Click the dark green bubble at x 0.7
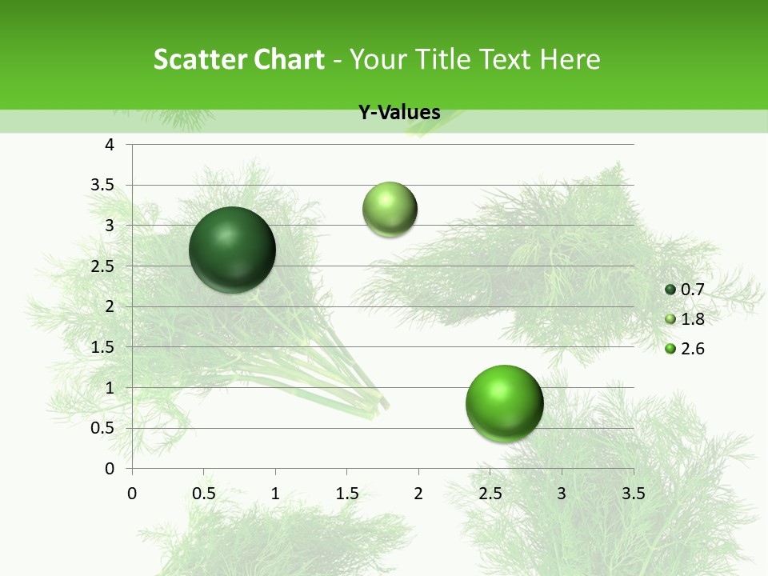232,250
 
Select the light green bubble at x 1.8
390,210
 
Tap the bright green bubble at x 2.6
504,403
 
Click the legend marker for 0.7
670,290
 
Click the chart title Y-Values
399,113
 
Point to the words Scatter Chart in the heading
238,59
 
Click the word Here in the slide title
570,59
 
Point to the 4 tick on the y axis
110,145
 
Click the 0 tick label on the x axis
132,493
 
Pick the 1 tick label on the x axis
275,493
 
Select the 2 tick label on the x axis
418,493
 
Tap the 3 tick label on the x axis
562,493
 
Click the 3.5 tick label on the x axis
633,493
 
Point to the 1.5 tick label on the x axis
346,493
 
